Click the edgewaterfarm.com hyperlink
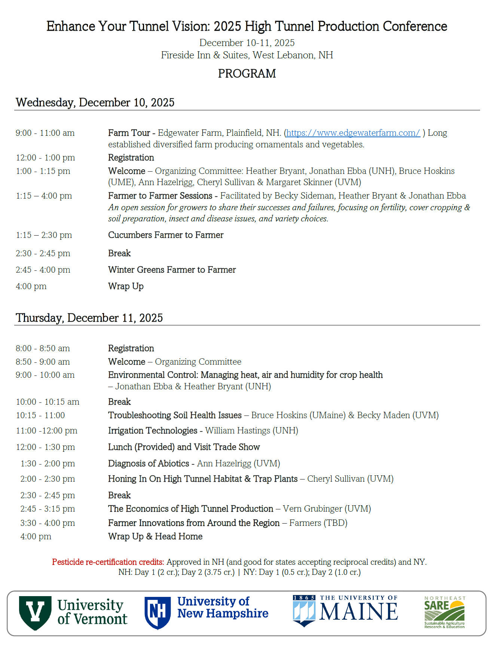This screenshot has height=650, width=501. (x=353, y=133)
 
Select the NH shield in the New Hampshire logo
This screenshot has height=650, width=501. (x=158, y=612)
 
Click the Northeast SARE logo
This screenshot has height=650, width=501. (x=445, y=612)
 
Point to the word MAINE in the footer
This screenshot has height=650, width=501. (x=358, y=612)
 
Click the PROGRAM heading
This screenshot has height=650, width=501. (x=247, y=74)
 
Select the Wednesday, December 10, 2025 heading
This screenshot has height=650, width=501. (x=95, y=102)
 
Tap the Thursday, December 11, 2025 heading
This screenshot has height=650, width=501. (x=89, y=318)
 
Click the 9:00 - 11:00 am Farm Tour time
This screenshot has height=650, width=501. (x=45, y=133)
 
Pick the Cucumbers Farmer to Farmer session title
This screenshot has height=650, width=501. (x=166, y=235)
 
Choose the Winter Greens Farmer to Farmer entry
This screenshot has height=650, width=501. (x=172, y=270)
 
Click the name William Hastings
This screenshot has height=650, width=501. (x=238, y=431)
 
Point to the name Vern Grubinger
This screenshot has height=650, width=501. (x=312, y=509)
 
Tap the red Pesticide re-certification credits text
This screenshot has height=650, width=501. (x=108, y=562)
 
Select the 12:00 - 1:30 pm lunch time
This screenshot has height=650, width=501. (x=45, y=447)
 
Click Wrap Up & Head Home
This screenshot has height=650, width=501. (x=155, y=537)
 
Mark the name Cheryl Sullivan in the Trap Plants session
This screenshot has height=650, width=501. (x=336, y=479)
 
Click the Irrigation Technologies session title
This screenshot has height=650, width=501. (x=153, y=431)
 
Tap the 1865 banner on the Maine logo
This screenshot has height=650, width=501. (x=304, y=598)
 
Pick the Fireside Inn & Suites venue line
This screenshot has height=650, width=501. (x=247, y=55)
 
